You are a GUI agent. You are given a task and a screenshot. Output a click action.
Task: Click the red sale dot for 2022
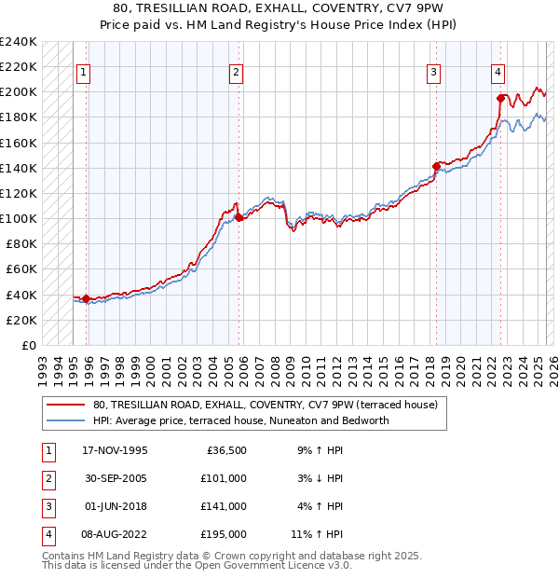click(x=501, y=98)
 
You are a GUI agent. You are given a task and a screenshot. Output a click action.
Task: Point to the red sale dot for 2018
click(x=436, y=167)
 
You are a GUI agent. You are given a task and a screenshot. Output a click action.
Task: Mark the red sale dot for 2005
click(x=239, y=217)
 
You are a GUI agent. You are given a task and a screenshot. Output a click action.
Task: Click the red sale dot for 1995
click(x=87, y=298)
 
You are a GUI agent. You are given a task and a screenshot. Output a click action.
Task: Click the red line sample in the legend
click(x=67, y=405)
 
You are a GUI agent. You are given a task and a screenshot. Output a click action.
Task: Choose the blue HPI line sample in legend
click(x=67, y=420)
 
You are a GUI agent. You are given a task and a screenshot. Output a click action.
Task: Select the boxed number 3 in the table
click(x=48, y=507)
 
